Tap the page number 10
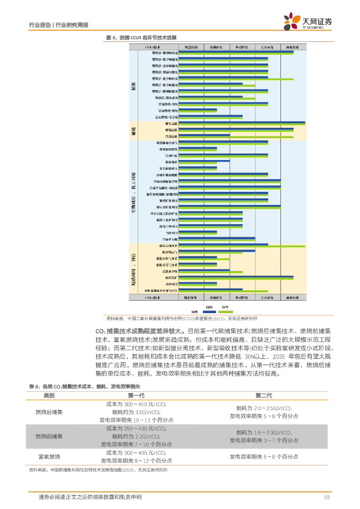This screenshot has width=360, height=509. point(327,497)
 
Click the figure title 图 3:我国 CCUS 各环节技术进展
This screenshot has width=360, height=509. point(141,38)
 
